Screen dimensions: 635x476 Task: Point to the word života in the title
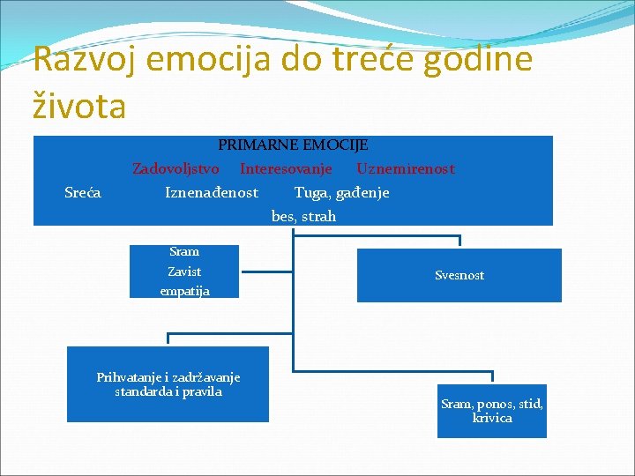(79, 107)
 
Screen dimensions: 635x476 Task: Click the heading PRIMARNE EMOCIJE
(293, 145)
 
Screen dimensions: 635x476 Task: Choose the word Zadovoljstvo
(176, 168)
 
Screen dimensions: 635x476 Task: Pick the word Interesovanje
(286, 168)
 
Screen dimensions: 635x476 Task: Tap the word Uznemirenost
(406, 168)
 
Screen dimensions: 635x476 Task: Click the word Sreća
(83, 192)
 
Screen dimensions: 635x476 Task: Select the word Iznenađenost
(212, 192)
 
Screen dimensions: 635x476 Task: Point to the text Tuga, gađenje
(341, 192)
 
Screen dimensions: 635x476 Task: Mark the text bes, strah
(303, 216)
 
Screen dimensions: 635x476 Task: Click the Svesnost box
(459, 275)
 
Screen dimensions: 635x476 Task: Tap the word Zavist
(184, 271)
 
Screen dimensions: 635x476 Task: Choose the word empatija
(184, 290)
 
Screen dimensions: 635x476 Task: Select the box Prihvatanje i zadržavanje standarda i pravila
(168, 384)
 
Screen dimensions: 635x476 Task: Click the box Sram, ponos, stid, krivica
(491, 411)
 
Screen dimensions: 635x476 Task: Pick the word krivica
(492, 418)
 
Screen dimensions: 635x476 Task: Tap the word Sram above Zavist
(184, 252)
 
